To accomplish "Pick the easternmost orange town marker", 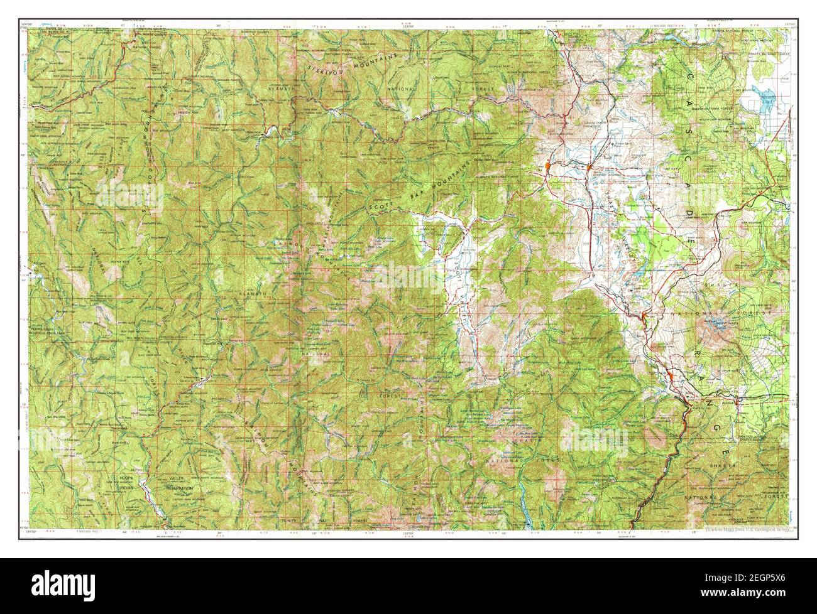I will click(672, 375).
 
